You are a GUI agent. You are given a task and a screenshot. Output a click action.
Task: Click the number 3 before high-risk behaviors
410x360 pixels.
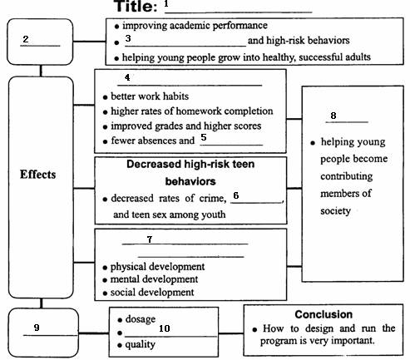pyautogui.click(x=128, y=38)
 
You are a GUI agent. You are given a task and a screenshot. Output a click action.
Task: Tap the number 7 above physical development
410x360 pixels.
pyautogui.click(x=150, y=239)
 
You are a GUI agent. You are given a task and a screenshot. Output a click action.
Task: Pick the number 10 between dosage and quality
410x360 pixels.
pyautogui.click(x=165, y=328)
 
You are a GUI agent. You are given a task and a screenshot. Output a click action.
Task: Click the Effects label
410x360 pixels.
pyautogui.click(x=37, y=175)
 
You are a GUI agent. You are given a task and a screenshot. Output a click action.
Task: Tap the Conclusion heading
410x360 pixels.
pyautogui.click(x=324, y=314)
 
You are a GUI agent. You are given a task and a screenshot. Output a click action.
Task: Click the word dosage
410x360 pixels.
pyautogui.click(x=141, y=319)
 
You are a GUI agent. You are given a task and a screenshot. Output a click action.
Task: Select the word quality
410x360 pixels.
pyautogui.click(x=140, y=344)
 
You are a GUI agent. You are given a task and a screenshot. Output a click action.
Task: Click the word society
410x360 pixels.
pyautogui.click(x=335, y=211)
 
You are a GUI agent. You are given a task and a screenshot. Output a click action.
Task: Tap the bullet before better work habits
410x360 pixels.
pyautogui.click(x=105, y=97)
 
